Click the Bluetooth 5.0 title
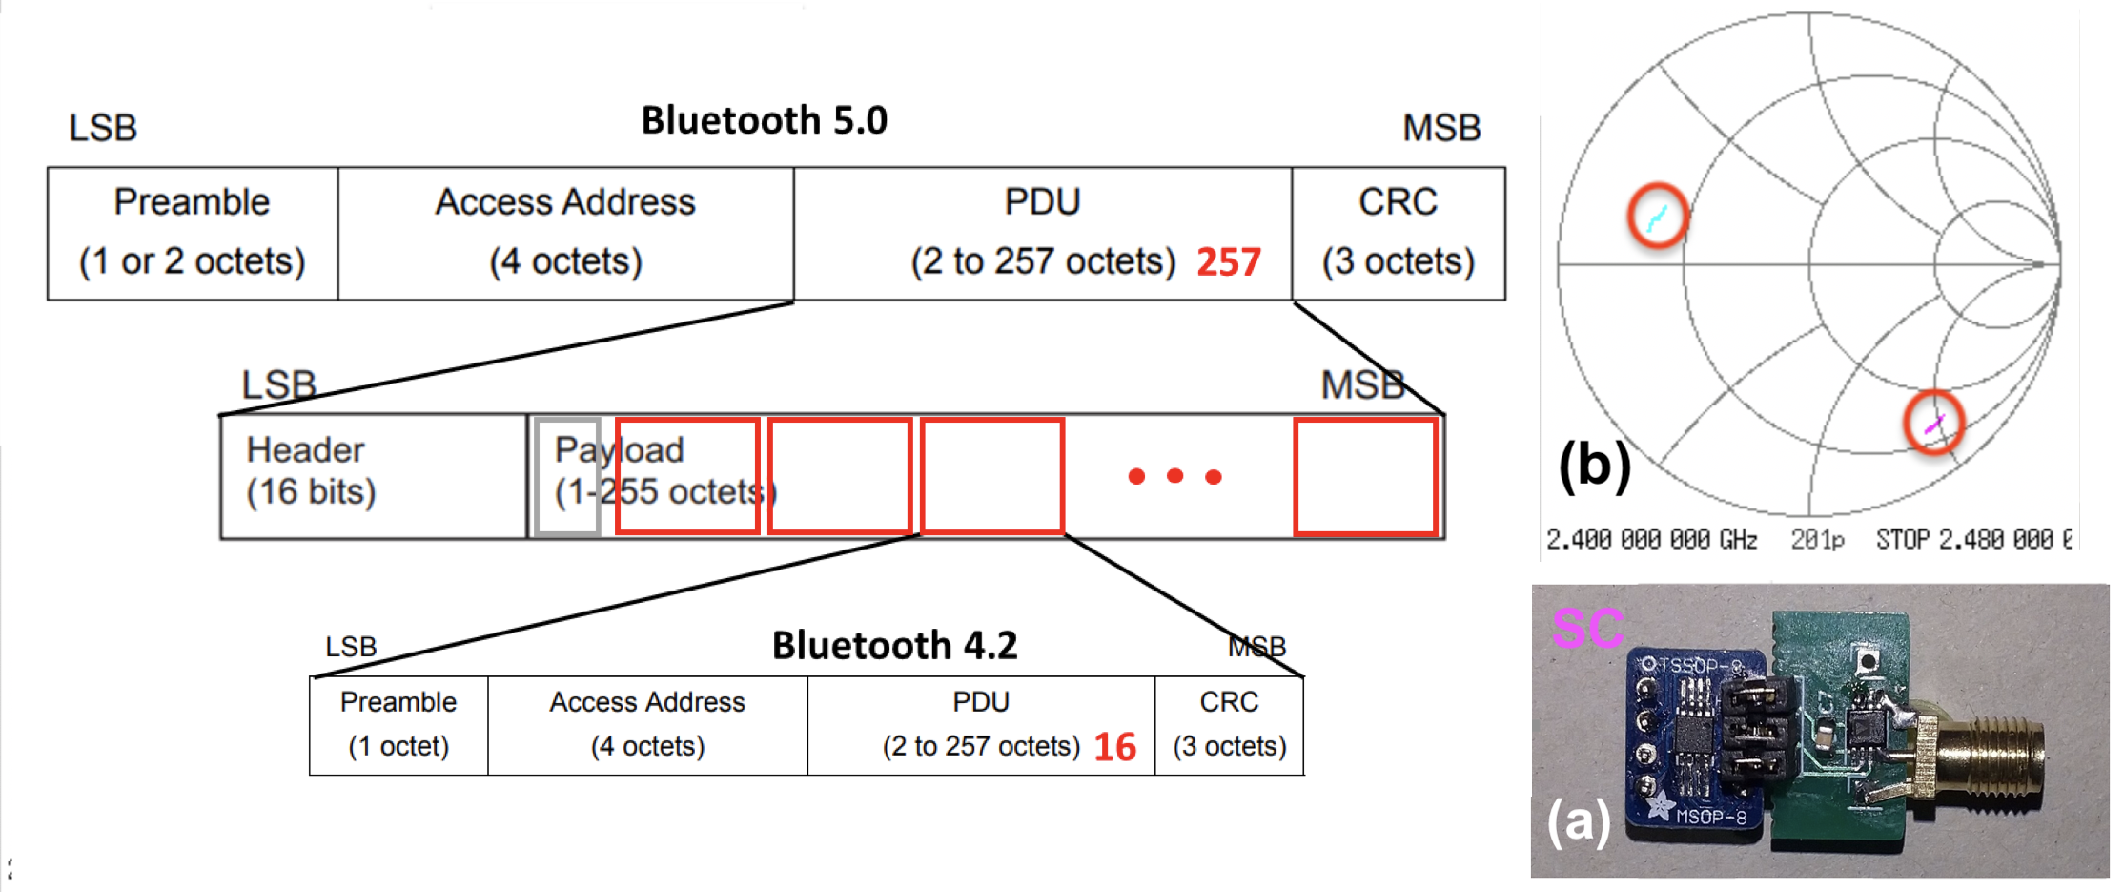pos(764,121)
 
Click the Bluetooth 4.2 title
pos(894,646)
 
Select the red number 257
pos(1228,262)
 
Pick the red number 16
pos(1114,747)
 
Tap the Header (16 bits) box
pos(373,475)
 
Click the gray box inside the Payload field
pos(567,476)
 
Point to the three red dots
pos(1174,475)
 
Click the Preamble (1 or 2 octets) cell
pos(193,234)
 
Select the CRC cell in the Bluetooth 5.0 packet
pos(1398,234)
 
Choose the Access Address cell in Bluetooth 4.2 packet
pos(647,725)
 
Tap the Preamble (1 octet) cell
pos(398,725)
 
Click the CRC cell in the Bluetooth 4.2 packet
pos(1229,725)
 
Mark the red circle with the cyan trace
pos(1658,216)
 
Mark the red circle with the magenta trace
pos(1934,423)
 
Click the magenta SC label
pos(1587,628)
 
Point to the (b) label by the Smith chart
pos(1594,466)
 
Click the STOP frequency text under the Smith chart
pos(1973,540)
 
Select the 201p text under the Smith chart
pos(1817,540)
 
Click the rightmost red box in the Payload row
pos(1365,476)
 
